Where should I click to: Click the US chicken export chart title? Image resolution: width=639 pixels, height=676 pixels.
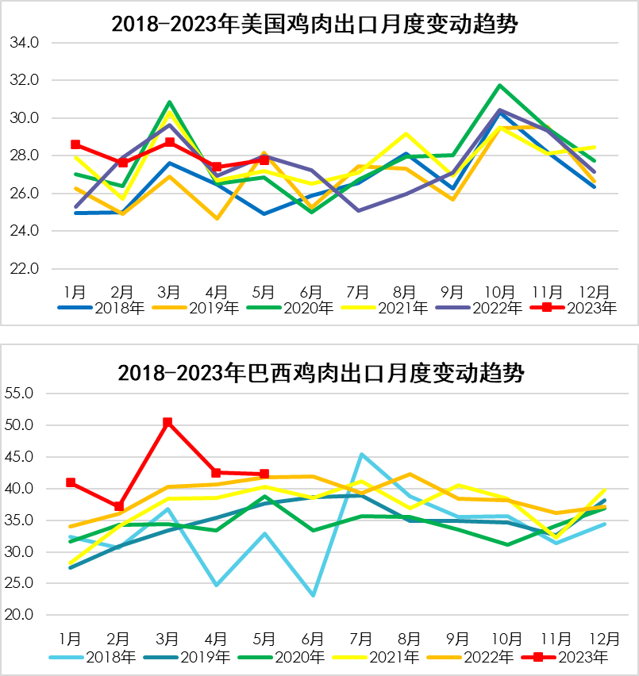[315, 25]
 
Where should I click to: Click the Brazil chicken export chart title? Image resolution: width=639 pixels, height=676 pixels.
[321, 373]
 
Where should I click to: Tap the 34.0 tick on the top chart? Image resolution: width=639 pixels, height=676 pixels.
[24, 43]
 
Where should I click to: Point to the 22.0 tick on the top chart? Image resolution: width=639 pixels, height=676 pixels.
[24, 269]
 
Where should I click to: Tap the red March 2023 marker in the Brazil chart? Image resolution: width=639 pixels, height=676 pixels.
[167, 423]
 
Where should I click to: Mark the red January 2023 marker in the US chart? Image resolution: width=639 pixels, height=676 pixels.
[75, 144]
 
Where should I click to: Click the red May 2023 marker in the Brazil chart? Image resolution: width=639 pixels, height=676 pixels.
[264, 474]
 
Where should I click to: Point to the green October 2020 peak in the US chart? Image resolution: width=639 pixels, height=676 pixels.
[500, 85]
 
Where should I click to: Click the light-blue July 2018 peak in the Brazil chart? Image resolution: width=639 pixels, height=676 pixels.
[361, 455]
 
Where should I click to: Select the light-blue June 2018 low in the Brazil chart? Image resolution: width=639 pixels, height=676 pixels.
[313, 595]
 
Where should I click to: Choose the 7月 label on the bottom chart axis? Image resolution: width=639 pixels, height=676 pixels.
[361, 637]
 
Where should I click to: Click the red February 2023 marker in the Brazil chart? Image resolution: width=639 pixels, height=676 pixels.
[119, 506]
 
